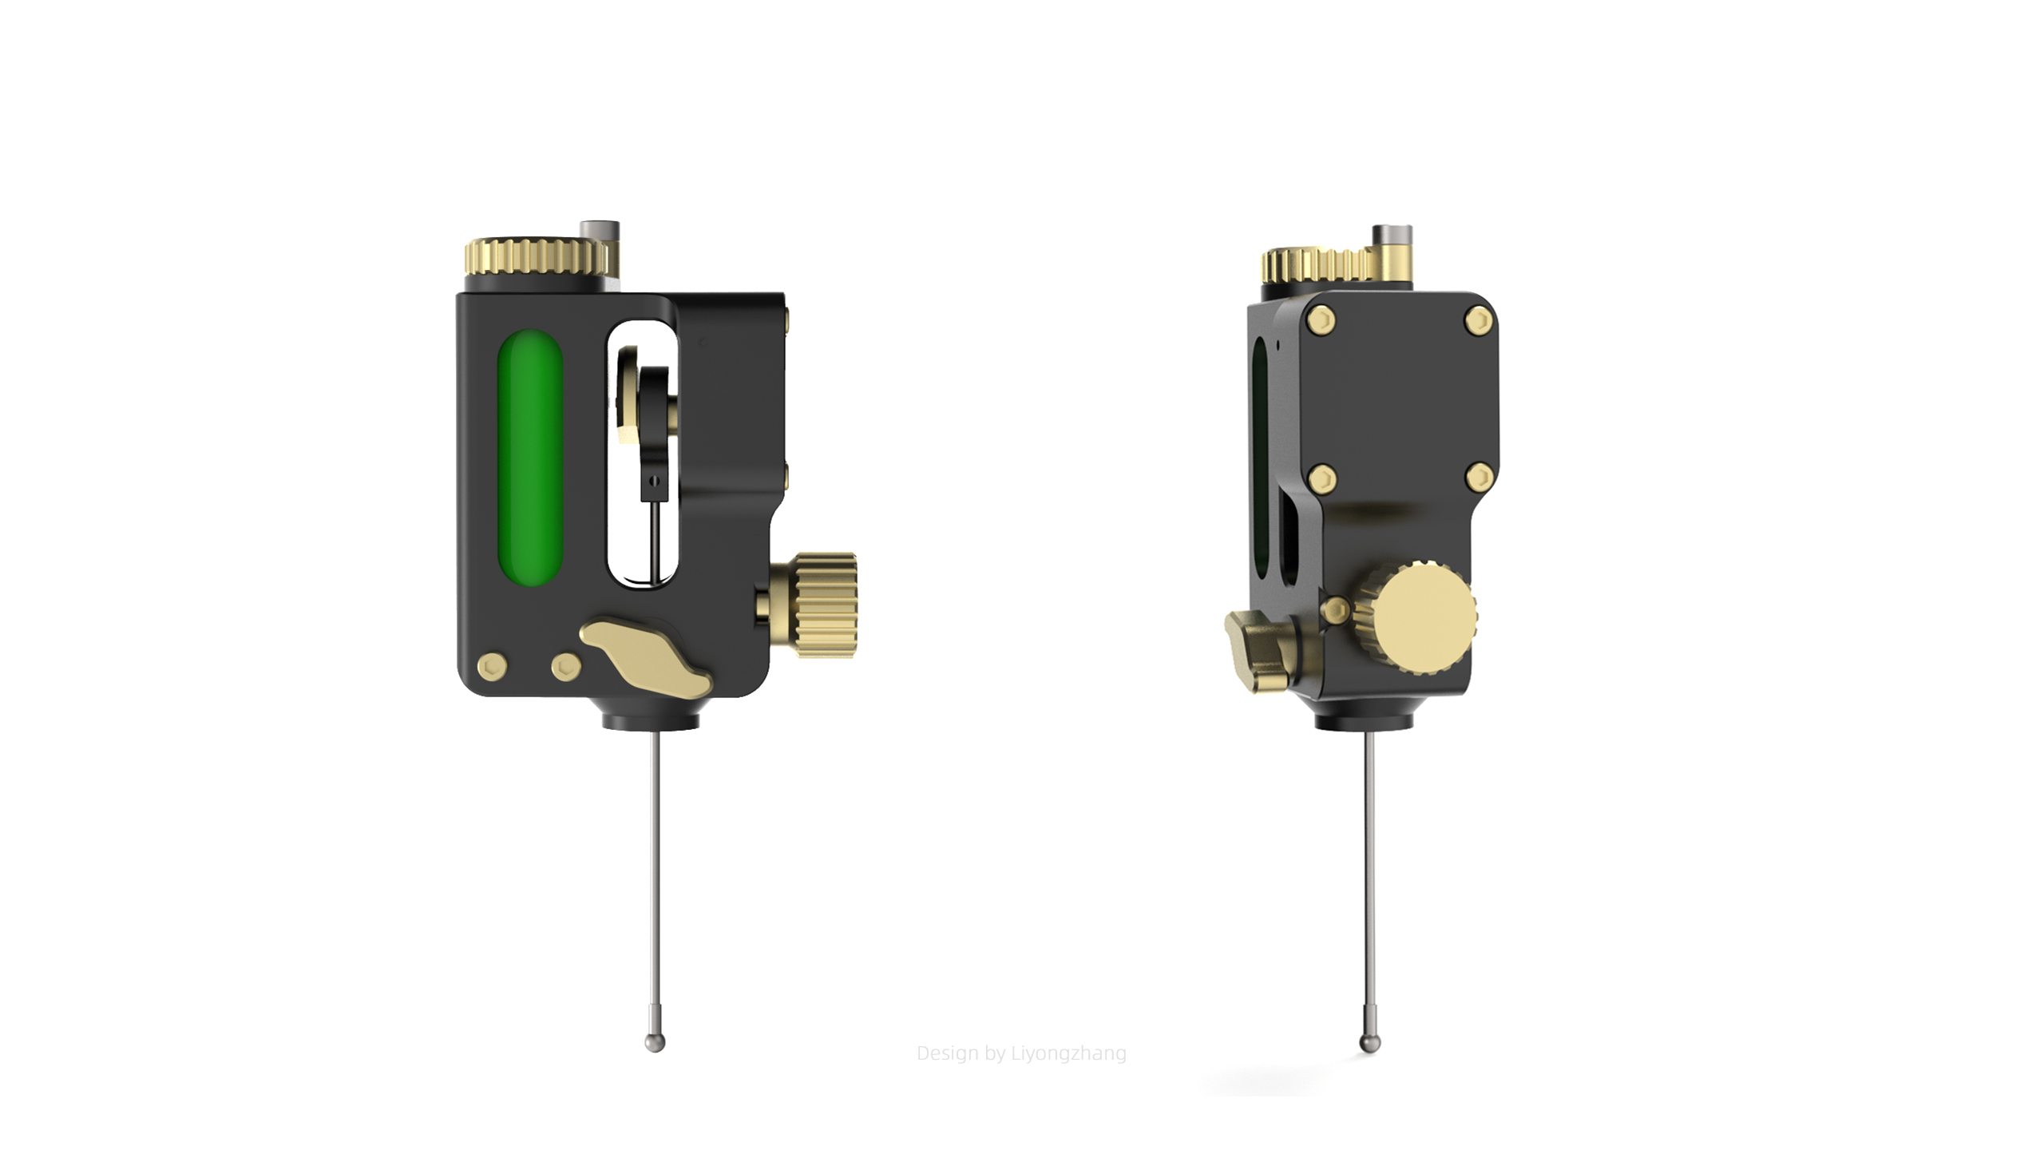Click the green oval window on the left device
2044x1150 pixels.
tap(530, 457)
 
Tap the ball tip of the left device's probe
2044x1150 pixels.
tap(655, 1042)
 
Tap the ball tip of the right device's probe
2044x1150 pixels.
tap(1369, 1044)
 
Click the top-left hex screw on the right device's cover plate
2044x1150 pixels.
tap(1321, 320)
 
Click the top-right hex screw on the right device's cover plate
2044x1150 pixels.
tap(1479, 321)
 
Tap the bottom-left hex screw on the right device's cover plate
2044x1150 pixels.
tap(1323, 479)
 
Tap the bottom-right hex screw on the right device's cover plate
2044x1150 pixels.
tap(1480, 478)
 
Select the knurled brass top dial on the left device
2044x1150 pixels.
tap(535, 256)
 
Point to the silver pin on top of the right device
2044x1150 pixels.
tap(1392, 235)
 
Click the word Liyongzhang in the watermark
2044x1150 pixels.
tap(1068, 1053)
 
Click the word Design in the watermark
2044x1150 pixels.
tap(947, 1053)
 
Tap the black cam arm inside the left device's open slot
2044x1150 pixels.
tap(656, 431)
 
